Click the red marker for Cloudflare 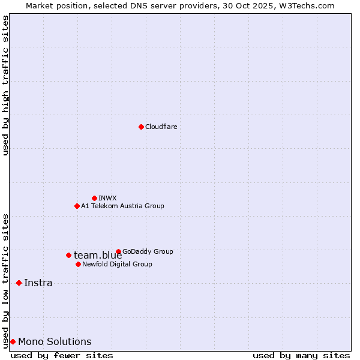pos(141,127)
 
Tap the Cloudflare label pos(161,127)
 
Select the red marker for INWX pos(94,198)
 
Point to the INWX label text pos(107,198)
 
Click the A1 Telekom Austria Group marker pos(77,206)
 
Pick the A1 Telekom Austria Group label pos(122,206)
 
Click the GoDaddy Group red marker pos(118,251)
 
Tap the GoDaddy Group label pos(148,251)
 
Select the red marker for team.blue pos(68,255)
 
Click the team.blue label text pos(98,256)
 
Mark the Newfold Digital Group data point pos(78,264)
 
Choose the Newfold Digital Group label pos(117,264)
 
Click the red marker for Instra pos(19,283)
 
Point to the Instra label pos(38,283)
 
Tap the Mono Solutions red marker pos(13,341)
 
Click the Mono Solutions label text pos(55,342)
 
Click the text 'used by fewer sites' pos(62,355)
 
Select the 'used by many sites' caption pos(301,355)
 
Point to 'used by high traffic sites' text pos(5,85)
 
